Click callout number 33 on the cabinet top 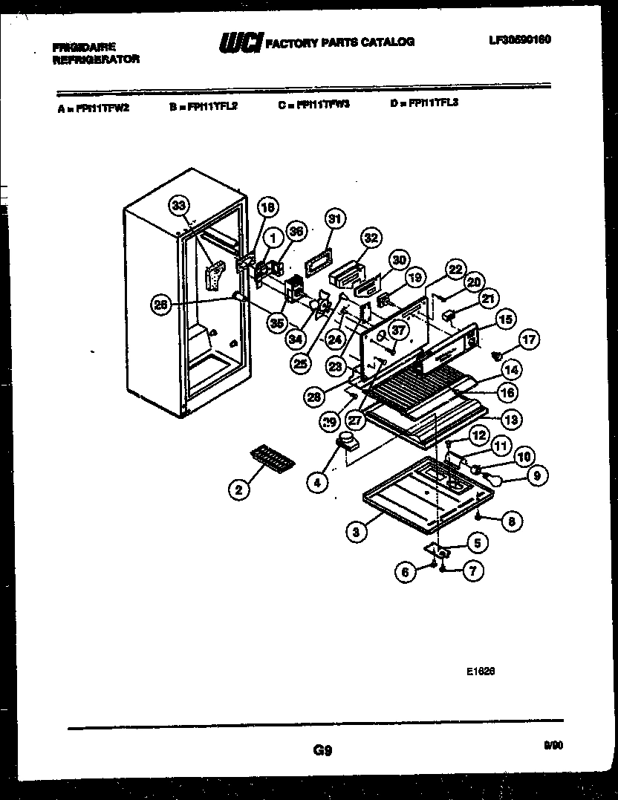(x=178, y=206)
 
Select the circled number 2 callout (x=238, y=489)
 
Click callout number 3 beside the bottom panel (x=357, y=530)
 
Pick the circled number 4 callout (x=317, y=481)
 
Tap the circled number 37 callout (x=400, y=329)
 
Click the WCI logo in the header (x=241, y=44)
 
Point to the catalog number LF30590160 (x=519, y=40)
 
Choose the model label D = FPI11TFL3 (x=423, y=103)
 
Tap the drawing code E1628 (x=481, y=670)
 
